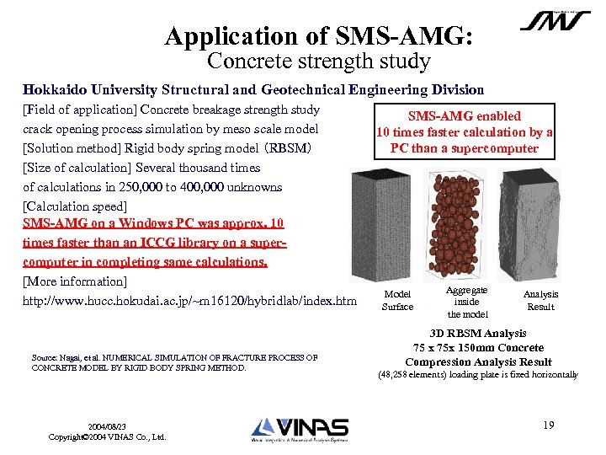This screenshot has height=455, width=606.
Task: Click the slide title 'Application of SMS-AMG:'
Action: [x=319, y=36]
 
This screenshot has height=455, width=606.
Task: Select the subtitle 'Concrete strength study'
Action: [x=319, y=62]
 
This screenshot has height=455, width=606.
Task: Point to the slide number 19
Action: [x=548, y=426]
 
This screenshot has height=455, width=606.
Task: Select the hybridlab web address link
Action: [x=189, y=301]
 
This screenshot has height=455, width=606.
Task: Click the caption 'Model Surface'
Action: [x=397, y=301]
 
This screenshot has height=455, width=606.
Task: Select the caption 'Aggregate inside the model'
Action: [x=467, y=302]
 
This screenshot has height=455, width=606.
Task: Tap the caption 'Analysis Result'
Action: [x=540, y=301]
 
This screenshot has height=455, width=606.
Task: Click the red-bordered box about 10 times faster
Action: [x=464, y=132]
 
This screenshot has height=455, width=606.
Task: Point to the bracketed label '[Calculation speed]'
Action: [x=75, y=206]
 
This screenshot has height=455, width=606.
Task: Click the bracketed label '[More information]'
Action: [x=75, y=281]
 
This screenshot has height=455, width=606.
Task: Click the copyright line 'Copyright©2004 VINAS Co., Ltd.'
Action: [x=107, y=437]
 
